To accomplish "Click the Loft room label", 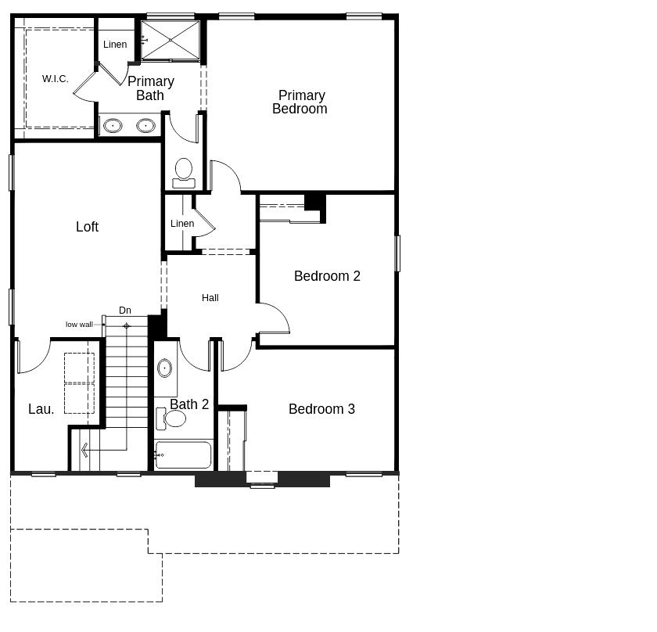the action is point(87,227).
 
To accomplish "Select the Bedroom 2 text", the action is point(327,276).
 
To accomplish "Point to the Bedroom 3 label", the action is point(321,409).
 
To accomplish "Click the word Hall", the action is point(210,298).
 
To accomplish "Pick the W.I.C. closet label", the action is point(55,79).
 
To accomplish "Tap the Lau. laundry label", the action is point(41,409).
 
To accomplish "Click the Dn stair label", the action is point(125,310).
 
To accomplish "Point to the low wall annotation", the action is point(79,325).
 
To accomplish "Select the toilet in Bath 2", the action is point(171,418).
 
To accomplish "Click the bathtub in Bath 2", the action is point(183,454).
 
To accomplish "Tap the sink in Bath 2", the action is point(165,368).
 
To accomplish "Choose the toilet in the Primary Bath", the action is point(184,173).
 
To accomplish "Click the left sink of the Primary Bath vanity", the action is point(113,126).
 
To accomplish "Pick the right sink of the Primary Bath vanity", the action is point(145,125).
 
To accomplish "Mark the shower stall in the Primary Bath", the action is point(171,40).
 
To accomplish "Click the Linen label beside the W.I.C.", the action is point(115,45).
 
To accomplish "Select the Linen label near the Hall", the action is point(182,224).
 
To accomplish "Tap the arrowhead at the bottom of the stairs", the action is point(84,450).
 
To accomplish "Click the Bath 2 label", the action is point(189,404).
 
